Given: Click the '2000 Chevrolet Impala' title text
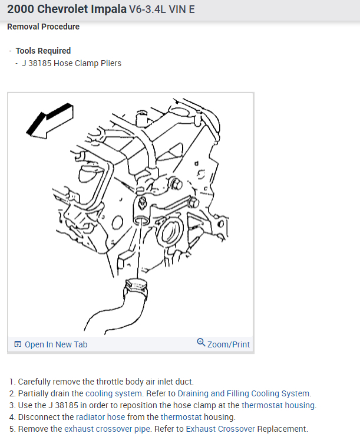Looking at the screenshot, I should point(67,10).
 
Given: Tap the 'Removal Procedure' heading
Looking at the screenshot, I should point(43,27).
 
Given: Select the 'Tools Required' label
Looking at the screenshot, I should point(43,51).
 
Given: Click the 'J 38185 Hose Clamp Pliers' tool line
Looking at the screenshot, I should point(71,63).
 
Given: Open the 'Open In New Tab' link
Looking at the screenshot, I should point(55,344).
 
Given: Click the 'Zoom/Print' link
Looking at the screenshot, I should point(228,344).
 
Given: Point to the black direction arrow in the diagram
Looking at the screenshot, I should point(50,120).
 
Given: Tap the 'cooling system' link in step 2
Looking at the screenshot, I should point(114,393).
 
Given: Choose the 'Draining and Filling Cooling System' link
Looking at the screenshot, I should point(243,393).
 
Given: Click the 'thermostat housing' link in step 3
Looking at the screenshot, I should point(279,405).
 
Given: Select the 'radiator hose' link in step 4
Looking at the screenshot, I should point(100,417).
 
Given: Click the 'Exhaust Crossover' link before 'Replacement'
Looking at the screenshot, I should point(220,429).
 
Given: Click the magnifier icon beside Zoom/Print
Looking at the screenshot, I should point(201,343).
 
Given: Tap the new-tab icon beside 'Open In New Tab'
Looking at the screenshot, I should point(18,344).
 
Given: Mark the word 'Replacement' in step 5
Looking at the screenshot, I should point(282,429).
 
